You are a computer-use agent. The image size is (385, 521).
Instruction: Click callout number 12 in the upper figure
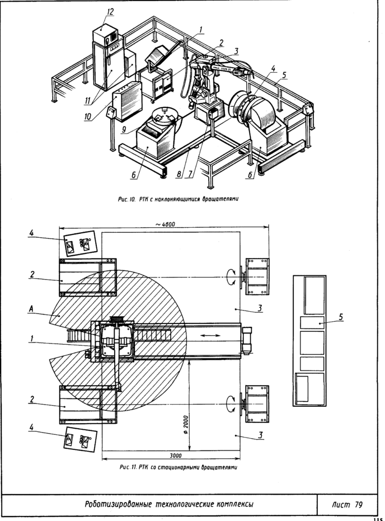click(110, 12)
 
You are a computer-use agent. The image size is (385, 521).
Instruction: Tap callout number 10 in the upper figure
click(88, 116)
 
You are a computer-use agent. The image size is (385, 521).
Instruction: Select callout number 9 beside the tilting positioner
click(124, 129)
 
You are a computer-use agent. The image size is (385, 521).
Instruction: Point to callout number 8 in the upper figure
click(179, 174)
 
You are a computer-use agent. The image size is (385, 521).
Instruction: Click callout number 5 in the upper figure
click(284, 75)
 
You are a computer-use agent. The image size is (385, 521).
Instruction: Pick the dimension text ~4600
click(165, 224)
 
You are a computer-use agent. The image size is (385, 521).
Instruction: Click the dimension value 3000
click(176, 456)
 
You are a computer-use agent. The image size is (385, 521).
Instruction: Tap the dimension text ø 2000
click(185, 425)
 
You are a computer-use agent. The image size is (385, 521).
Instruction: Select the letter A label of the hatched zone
click(31, 309)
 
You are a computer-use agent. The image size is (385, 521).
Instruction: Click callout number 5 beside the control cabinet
click(340, 317)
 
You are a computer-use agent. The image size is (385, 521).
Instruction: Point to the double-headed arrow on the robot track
click(210, 336)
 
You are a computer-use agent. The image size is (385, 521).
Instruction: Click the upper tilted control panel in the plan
click(79, 243)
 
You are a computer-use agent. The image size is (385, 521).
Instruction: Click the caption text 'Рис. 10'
click(127, 199)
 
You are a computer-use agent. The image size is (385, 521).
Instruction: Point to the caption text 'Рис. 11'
click(128, 467)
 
